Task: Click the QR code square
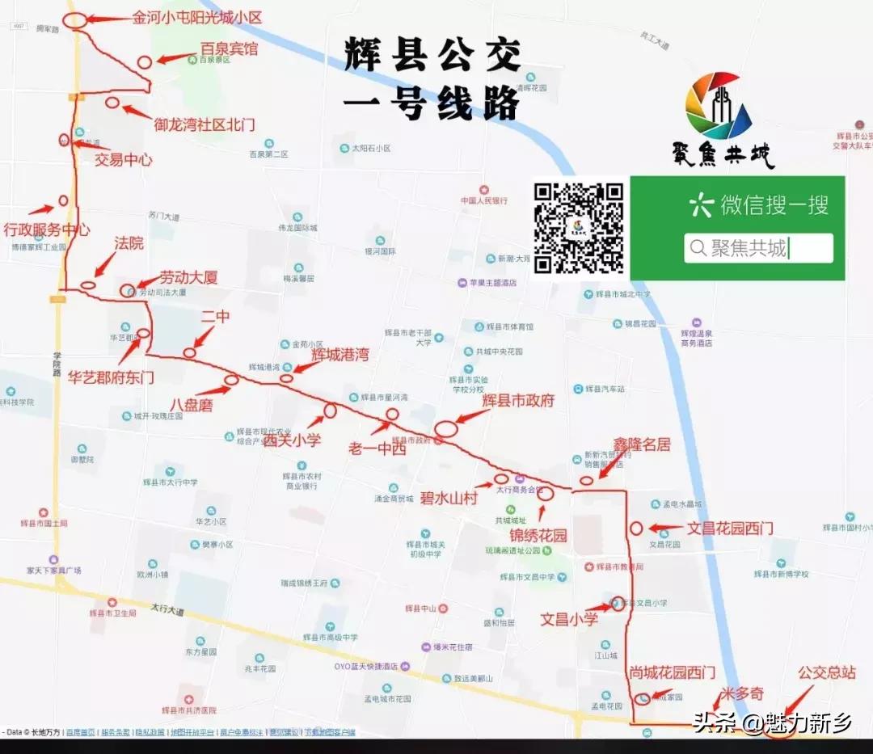click(x=578, y=228)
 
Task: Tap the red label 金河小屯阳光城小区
click(x=198, y=17)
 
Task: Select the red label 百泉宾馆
click(x=229, y=49)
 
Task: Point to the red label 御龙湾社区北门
click(x=205, y=124)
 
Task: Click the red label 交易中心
click(x=124, y=159)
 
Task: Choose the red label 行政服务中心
click(x=46, y=230)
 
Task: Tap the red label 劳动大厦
click(x=188, y=277)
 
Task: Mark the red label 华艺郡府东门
click(x=111, y=377)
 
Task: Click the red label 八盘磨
click(x=192, y=405)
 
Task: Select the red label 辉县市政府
click(x=518, y=400)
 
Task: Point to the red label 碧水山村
click(x=448, y=498)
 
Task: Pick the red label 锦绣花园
click(x=538, y=535)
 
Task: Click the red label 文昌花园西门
click(x=730, y=529)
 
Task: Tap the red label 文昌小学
click(x=569, y=619)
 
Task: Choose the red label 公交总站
click(x=826, y=672)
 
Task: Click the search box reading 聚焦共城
click(x=758, y=248)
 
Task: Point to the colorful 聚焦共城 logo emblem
click(x=719, y=105)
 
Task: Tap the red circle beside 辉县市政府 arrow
click(x=447, y=428)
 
